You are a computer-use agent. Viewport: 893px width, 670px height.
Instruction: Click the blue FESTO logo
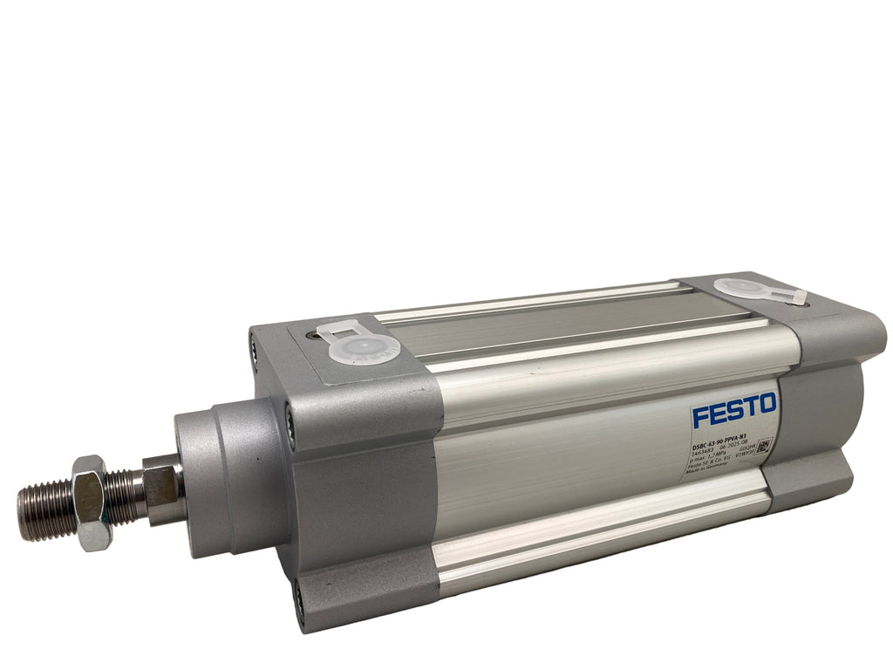[734, 409]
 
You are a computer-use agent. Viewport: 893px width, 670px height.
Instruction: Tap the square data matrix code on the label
[764, 448]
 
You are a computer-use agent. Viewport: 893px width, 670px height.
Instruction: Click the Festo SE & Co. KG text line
[709, 466]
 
